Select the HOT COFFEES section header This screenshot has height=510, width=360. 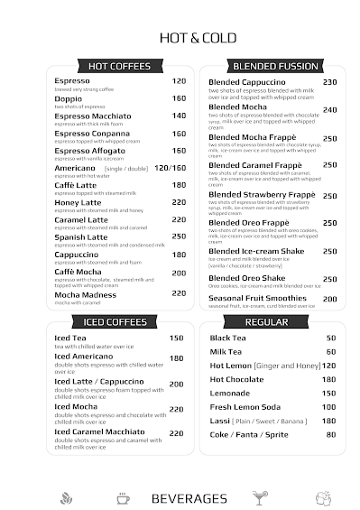click(120, 66)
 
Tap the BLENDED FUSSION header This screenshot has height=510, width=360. click(275, 66)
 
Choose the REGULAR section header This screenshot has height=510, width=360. click(266, 321)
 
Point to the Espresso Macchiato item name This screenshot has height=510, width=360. click(92, 116)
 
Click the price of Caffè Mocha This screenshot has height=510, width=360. click(179, 273)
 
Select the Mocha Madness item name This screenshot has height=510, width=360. click(85, 294)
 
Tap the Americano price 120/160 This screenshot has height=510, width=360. click(170, 168)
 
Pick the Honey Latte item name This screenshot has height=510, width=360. click(78, 202)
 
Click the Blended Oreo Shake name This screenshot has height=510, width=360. click(246, 278)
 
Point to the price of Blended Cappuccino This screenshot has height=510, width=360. click(329, 82)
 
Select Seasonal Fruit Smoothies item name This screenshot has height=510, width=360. click(257, 298)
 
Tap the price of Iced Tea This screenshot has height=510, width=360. click(176, 338)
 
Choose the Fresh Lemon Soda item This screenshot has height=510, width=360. click(245, 406)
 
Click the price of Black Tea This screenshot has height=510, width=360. click(331, 338)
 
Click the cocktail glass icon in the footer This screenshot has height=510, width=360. click(260, 497)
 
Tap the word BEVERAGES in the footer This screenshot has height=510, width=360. click(189, 498)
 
